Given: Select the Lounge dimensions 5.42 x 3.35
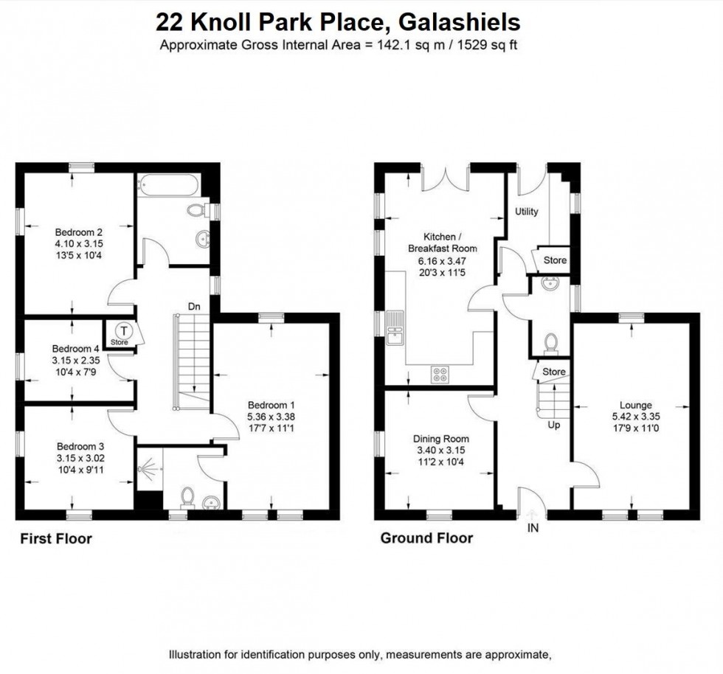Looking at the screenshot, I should tap(635, 417).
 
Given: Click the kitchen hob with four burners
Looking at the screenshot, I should tap(441, 374).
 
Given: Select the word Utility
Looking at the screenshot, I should tap(527, 212).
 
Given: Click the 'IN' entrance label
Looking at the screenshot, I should tap(533, 528).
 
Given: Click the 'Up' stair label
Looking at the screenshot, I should tap(553, 425).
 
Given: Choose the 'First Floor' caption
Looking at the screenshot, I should tap(55, 539).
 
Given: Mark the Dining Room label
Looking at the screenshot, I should tap(440, 439).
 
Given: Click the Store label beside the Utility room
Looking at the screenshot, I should tap(555, 260).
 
